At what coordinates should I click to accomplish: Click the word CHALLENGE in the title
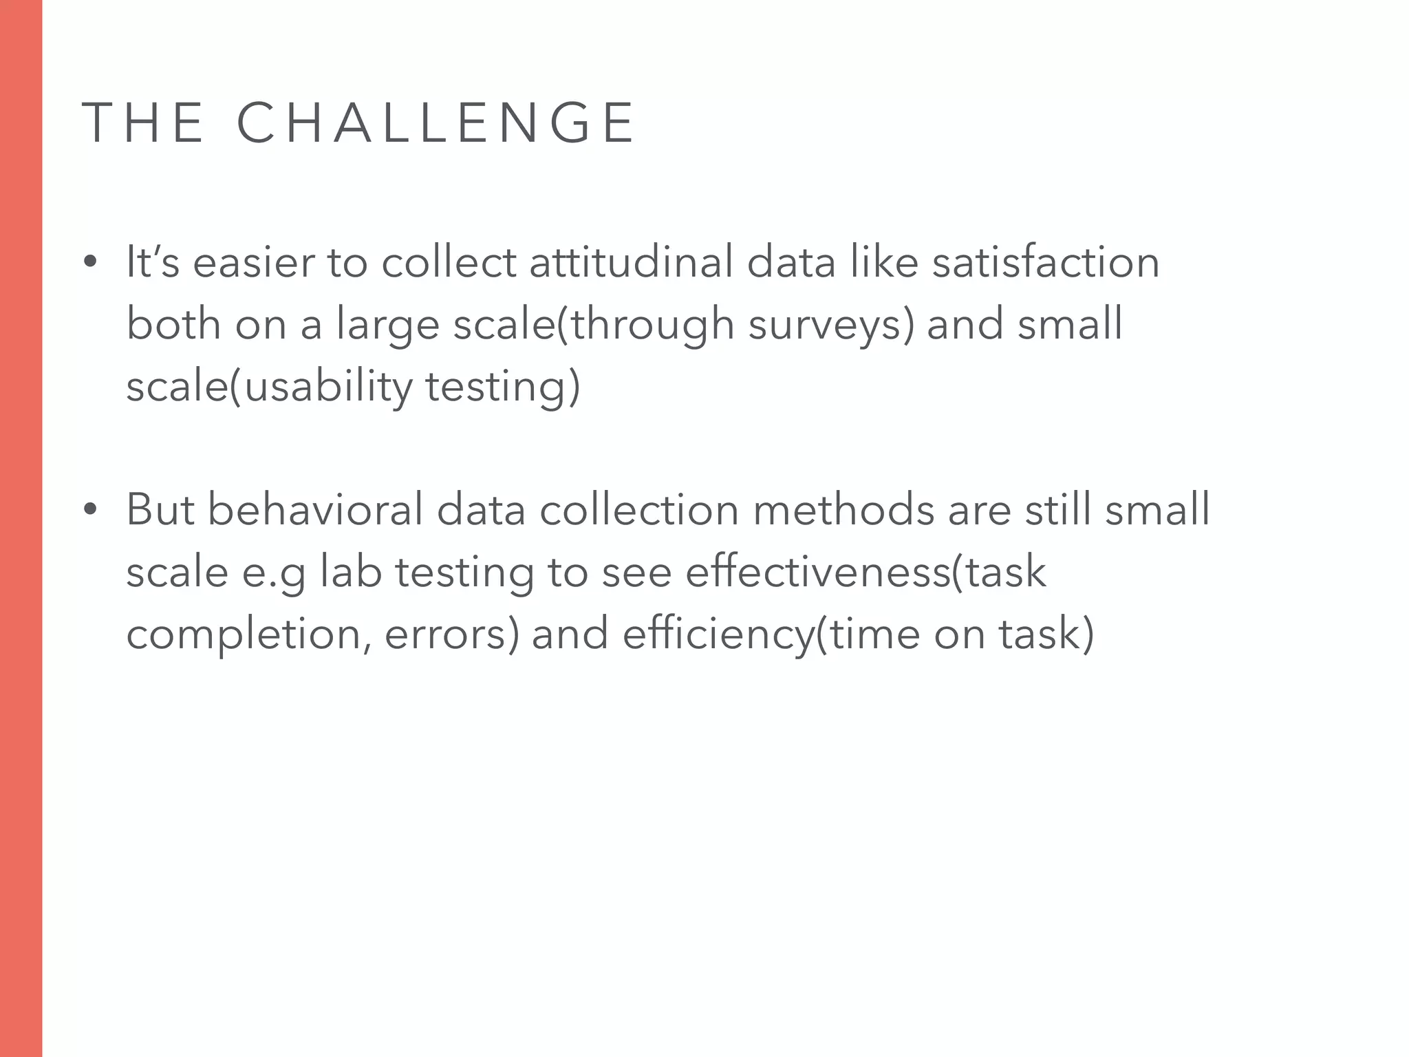click(x=435, y=123)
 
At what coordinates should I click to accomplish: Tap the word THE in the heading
click(x=143, y=123)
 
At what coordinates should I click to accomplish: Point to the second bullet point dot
click(x=89, y=510)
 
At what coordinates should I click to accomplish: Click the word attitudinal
click(x=631, y=262)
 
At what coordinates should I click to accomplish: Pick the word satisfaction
click(x=1046, y=262)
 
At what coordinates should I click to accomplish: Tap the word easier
click(x=253, y=264)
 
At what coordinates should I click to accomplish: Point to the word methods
click(x=843, y=510)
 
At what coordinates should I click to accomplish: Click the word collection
click(x=639, y=510)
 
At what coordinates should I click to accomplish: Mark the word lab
click(x=351, y=572)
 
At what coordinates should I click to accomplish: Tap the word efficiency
click(x=718, y=635)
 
